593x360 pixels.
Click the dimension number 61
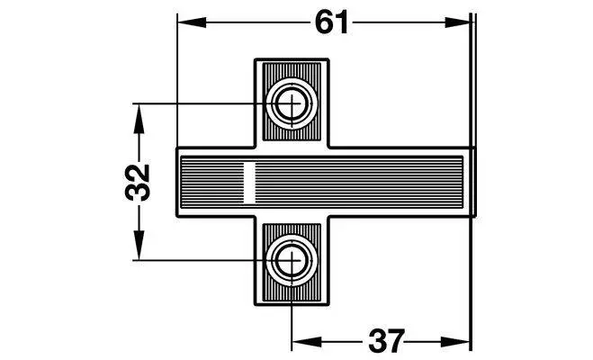click(331, 22)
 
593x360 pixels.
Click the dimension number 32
click(138, 182)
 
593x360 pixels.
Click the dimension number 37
click(387, 342)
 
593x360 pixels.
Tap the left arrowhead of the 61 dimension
click(193, 22)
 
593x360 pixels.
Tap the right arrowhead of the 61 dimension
click(458, 22)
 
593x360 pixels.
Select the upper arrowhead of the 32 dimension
click(139, 119)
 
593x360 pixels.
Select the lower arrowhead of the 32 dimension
click(139, 245)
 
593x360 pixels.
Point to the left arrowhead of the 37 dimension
click(307, 343)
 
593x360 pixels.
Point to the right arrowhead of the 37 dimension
click(455, 343)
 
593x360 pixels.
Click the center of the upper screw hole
click(292, 103)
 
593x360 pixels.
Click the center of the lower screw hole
click(292, 260)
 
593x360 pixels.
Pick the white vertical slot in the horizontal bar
click(249, 182)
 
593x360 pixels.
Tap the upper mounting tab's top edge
click(292, 59)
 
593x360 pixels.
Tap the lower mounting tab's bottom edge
click(292, 305)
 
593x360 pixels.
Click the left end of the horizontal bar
click(177, 182)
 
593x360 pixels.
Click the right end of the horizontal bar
click(475, 182)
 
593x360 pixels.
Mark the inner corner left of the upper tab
click(255, 147)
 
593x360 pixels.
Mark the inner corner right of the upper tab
click(328, 147)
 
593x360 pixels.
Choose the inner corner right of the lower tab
click(328, 217)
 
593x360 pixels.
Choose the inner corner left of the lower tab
click(255, 217)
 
